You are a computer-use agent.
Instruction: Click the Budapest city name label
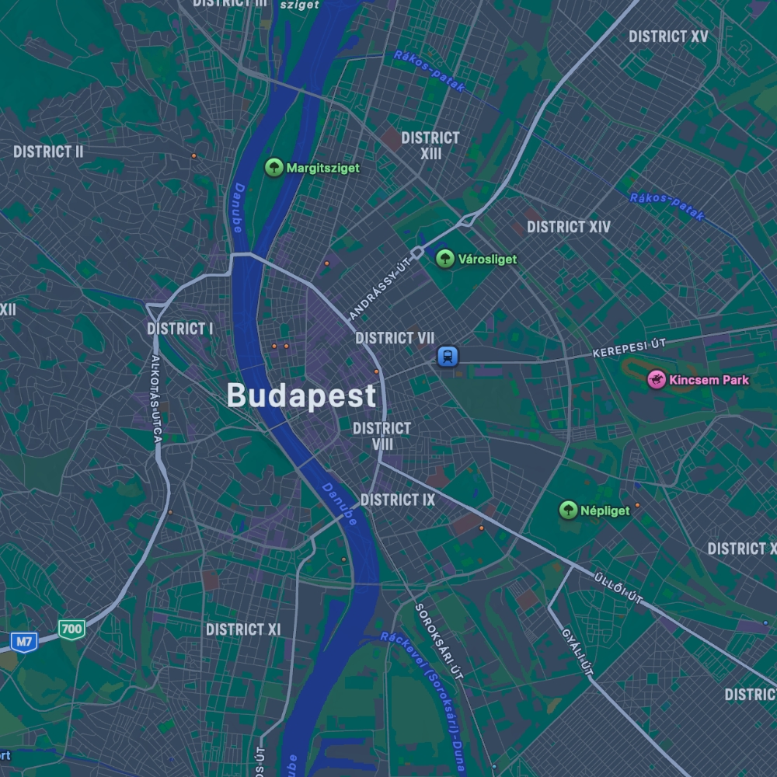(301, 396)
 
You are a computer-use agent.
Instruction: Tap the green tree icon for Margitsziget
(274, 167)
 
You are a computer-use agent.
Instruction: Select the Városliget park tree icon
(445, 259)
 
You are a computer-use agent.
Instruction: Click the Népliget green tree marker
(569, 510)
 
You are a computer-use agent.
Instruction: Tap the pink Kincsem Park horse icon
(657, 380)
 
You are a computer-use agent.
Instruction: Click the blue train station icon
(448, 357)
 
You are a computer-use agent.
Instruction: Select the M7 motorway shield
(24, 642)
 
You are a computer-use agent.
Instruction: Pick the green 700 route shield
(71, 629)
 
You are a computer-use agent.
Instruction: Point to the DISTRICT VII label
(395, 338)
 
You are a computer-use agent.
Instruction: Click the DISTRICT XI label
(243, 629)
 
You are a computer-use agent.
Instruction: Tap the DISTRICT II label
(48, 152)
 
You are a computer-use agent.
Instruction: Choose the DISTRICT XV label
(668, 37)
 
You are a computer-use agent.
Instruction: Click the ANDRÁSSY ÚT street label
(379, 290)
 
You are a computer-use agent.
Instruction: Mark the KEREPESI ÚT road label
(629, 347)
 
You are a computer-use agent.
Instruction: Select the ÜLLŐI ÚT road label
(618, 588)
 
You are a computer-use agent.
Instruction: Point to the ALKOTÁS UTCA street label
(157, 399)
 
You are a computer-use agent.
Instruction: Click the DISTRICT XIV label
(569, 227)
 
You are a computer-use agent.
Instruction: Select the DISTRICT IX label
(398, 500)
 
